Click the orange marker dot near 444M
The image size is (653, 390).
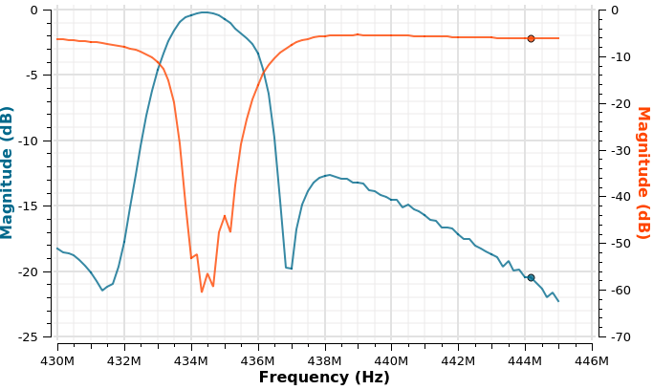531,38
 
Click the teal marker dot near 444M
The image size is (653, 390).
531,277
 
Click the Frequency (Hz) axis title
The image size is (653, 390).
324,378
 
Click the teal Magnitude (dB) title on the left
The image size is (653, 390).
9,172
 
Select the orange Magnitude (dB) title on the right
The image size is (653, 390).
642,172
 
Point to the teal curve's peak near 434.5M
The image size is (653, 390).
206,12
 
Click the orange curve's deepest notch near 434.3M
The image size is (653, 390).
202,292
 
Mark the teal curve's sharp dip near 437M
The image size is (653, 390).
288,268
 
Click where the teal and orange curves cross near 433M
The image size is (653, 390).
159,64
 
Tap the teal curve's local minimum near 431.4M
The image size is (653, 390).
103,290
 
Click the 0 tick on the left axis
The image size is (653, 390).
46,11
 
